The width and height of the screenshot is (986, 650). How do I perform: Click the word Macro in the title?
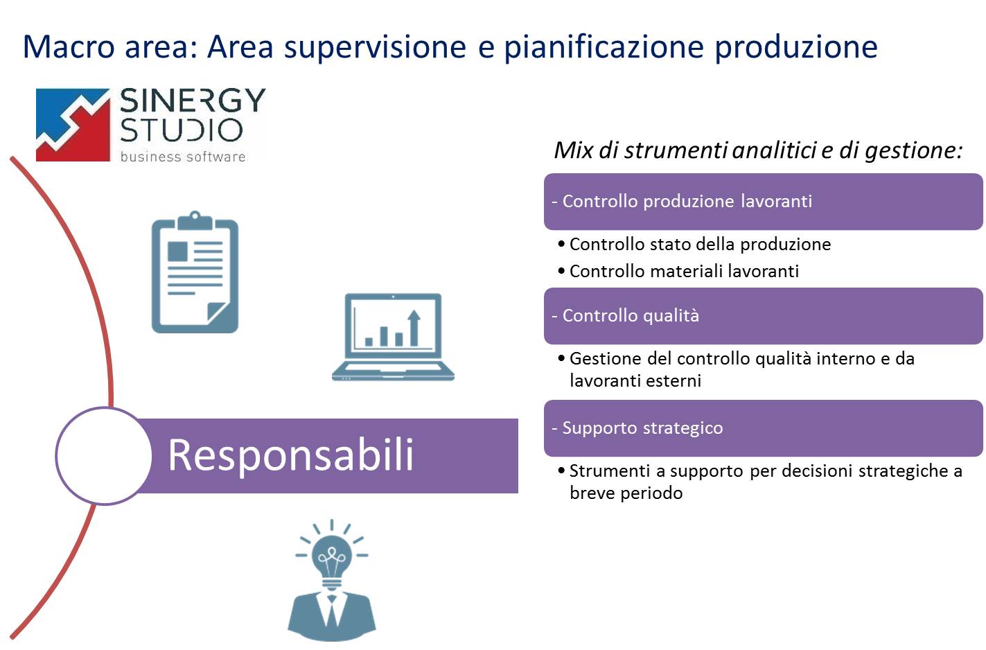point(69,46)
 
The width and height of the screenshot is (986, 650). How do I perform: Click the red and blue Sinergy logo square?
point(73,125)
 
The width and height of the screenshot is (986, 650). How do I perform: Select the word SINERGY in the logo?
point(193,100)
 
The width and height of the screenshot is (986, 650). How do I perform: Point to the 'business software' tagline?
point(183,157)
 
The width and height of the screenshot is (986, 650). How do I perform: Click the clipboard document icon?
point(195,272)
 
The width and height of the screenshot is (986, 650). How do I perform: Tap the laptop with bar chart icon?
point(393,337)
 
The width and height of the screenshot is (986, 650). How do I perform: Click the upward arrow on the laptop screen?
point(414,328)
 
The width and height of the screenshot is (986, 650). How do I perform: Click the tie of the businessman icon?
point(331,610)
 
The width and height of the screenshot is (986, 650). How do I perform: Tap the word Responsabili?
point(290,456)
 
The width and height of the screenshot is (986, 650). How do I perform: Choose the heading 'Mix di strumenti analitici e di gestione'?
point(758,150)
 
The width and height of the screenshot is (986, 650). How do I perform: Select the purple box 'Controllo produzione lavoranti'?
point(764,202)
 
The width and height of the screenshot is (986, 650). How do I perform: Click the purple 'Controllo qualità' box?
point(764,316)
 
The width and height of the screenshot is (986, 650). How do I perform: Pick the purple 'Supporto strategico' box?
point(764,428)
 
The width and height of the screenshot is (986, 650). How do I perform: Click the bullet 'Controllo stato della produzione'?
point(694,244)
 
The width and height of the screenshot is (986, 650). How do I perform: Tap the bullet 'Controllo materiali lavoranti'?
point(678,271)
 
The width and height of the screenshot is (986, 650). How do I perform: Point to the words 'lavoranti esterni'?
point(635,380)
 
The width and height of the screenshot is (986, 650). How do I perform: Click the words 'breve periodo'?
point(626,493)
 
